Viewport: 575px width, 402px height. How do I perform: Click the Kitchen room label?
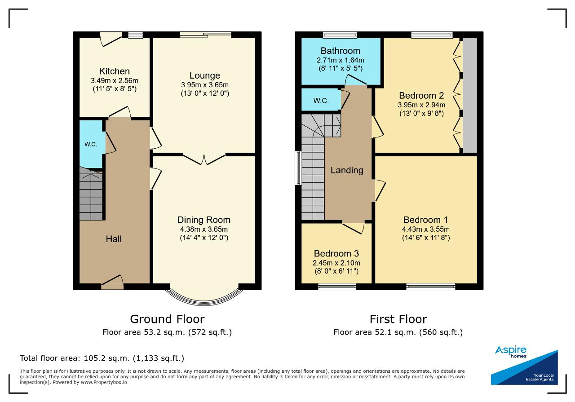click(115, 71)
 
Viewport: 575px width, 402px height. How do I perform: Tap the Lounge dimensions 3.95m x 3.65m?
click(204, 85)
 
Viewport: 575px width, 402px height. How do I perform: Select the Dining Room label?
click(204, 220)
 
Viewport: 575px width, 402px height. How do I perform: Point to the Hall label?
click(114, 239)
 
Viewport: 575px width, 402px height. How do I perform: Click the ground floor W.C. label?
click(91, 144)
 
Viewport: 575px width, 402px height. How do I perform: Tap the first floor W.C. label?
click(321, 101)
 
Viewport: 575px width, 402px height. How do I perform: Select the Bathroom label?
click(341, 51)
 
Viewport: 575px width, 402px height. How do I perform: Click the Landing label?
click(347, 170)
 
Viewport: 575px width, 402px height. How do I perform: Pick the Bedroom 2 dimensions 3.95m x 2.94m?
click(421, 105)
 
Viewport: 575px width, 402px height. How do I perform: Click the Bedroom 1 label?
click(425, 220)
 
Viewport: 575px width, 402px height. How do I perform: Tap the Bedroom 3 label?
click(336, 253)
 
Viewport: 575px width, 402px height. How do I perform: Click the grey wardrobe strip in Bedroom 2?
click(470, 95)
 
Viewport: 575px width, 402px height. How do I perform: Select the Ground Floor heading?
click(168, 319)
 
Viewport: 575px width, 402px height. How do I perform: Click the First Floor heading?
click(398, 319)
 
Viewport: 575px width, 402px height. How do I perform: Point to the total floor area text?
click(102, 358)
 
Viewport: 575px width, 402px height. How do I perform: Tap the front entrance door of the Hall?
click(112, 282)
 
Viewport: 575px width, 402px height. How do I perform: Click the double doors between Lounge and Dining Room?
click(204, 159)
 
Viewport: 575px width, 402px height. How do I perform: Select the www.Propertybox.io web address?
click(104, 382)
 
